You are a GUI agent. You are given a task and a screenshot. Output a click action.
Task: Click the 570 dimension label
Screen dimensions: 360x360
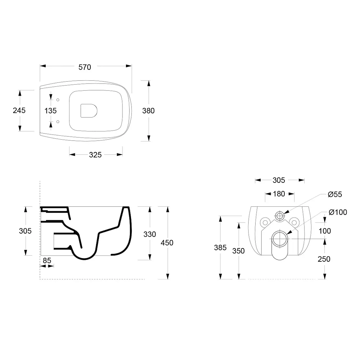[x=85, y=67]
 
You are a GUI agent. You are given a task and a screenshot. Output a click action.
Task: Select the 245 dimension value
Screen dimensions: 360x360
[x=19, y=111]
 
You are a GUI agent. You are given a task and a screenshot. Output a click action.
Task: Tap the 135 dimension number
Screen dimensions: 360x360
[x=50, y=111]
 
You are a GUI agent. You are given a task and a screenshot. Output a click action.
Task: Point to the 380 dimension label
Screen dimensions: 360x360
[x=148, y=111]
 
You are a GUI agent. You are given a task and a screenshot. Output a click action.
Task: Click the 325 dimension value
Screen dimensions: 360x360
[x=95, y=155]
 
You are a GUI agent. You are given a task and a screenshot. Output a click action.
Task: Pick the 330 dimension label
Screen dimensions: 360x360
[x=150, y=234]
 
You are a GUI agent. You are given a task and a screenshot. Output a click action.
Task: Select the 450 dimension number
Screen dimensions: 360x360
[x=167, y=243]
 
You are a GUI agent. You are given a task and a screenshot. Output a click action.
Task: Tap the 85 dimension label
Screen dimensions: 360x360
[x=47, y=261]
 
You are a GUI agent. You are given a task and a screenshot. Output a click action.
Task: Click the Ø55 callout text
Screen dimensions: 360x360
[x=335, y=195]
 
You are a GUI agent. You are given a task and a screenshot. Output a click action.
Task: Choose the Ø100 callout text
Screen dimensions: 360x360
[x=338, y=212]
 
